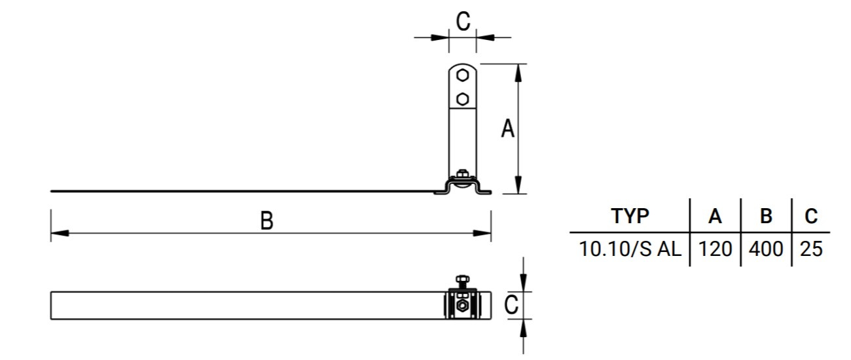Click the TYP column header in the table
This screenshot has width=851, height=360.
coord(630,216)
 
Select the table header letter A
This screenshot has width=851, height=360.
coord(715,216)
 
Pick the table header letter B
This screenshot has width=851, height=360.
coord(766,216)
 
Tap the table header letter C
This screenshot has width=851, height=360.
coord(811,216)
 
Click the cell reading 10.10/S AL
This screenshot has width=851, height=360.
coord(630,249)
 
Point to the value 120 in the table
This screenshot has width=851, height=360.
coord(715,249)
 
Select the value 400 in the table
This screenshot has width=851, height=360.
coord(766,249)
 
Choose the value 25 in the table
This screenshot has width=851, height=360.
coord(811,249)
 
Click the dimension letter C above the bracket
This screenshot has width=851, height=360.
coord(463,22)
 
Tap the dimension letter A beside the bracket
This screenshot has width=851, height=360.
coord(507,129)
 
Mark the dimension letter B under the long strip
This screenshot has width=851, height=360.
coord(266,221)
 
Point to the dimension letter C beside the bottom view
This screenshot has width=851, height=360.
coord(513,305)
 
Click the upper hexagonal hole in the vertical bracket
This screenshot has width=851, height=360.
coord(463,75)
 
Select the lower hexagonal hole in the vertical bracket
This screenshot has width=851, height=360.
coord(463,99)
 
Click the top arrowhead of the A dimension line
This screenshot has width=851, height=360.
coord(518,71)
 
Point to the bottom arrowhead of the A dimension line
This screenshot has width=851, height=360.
coord(518,187)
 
